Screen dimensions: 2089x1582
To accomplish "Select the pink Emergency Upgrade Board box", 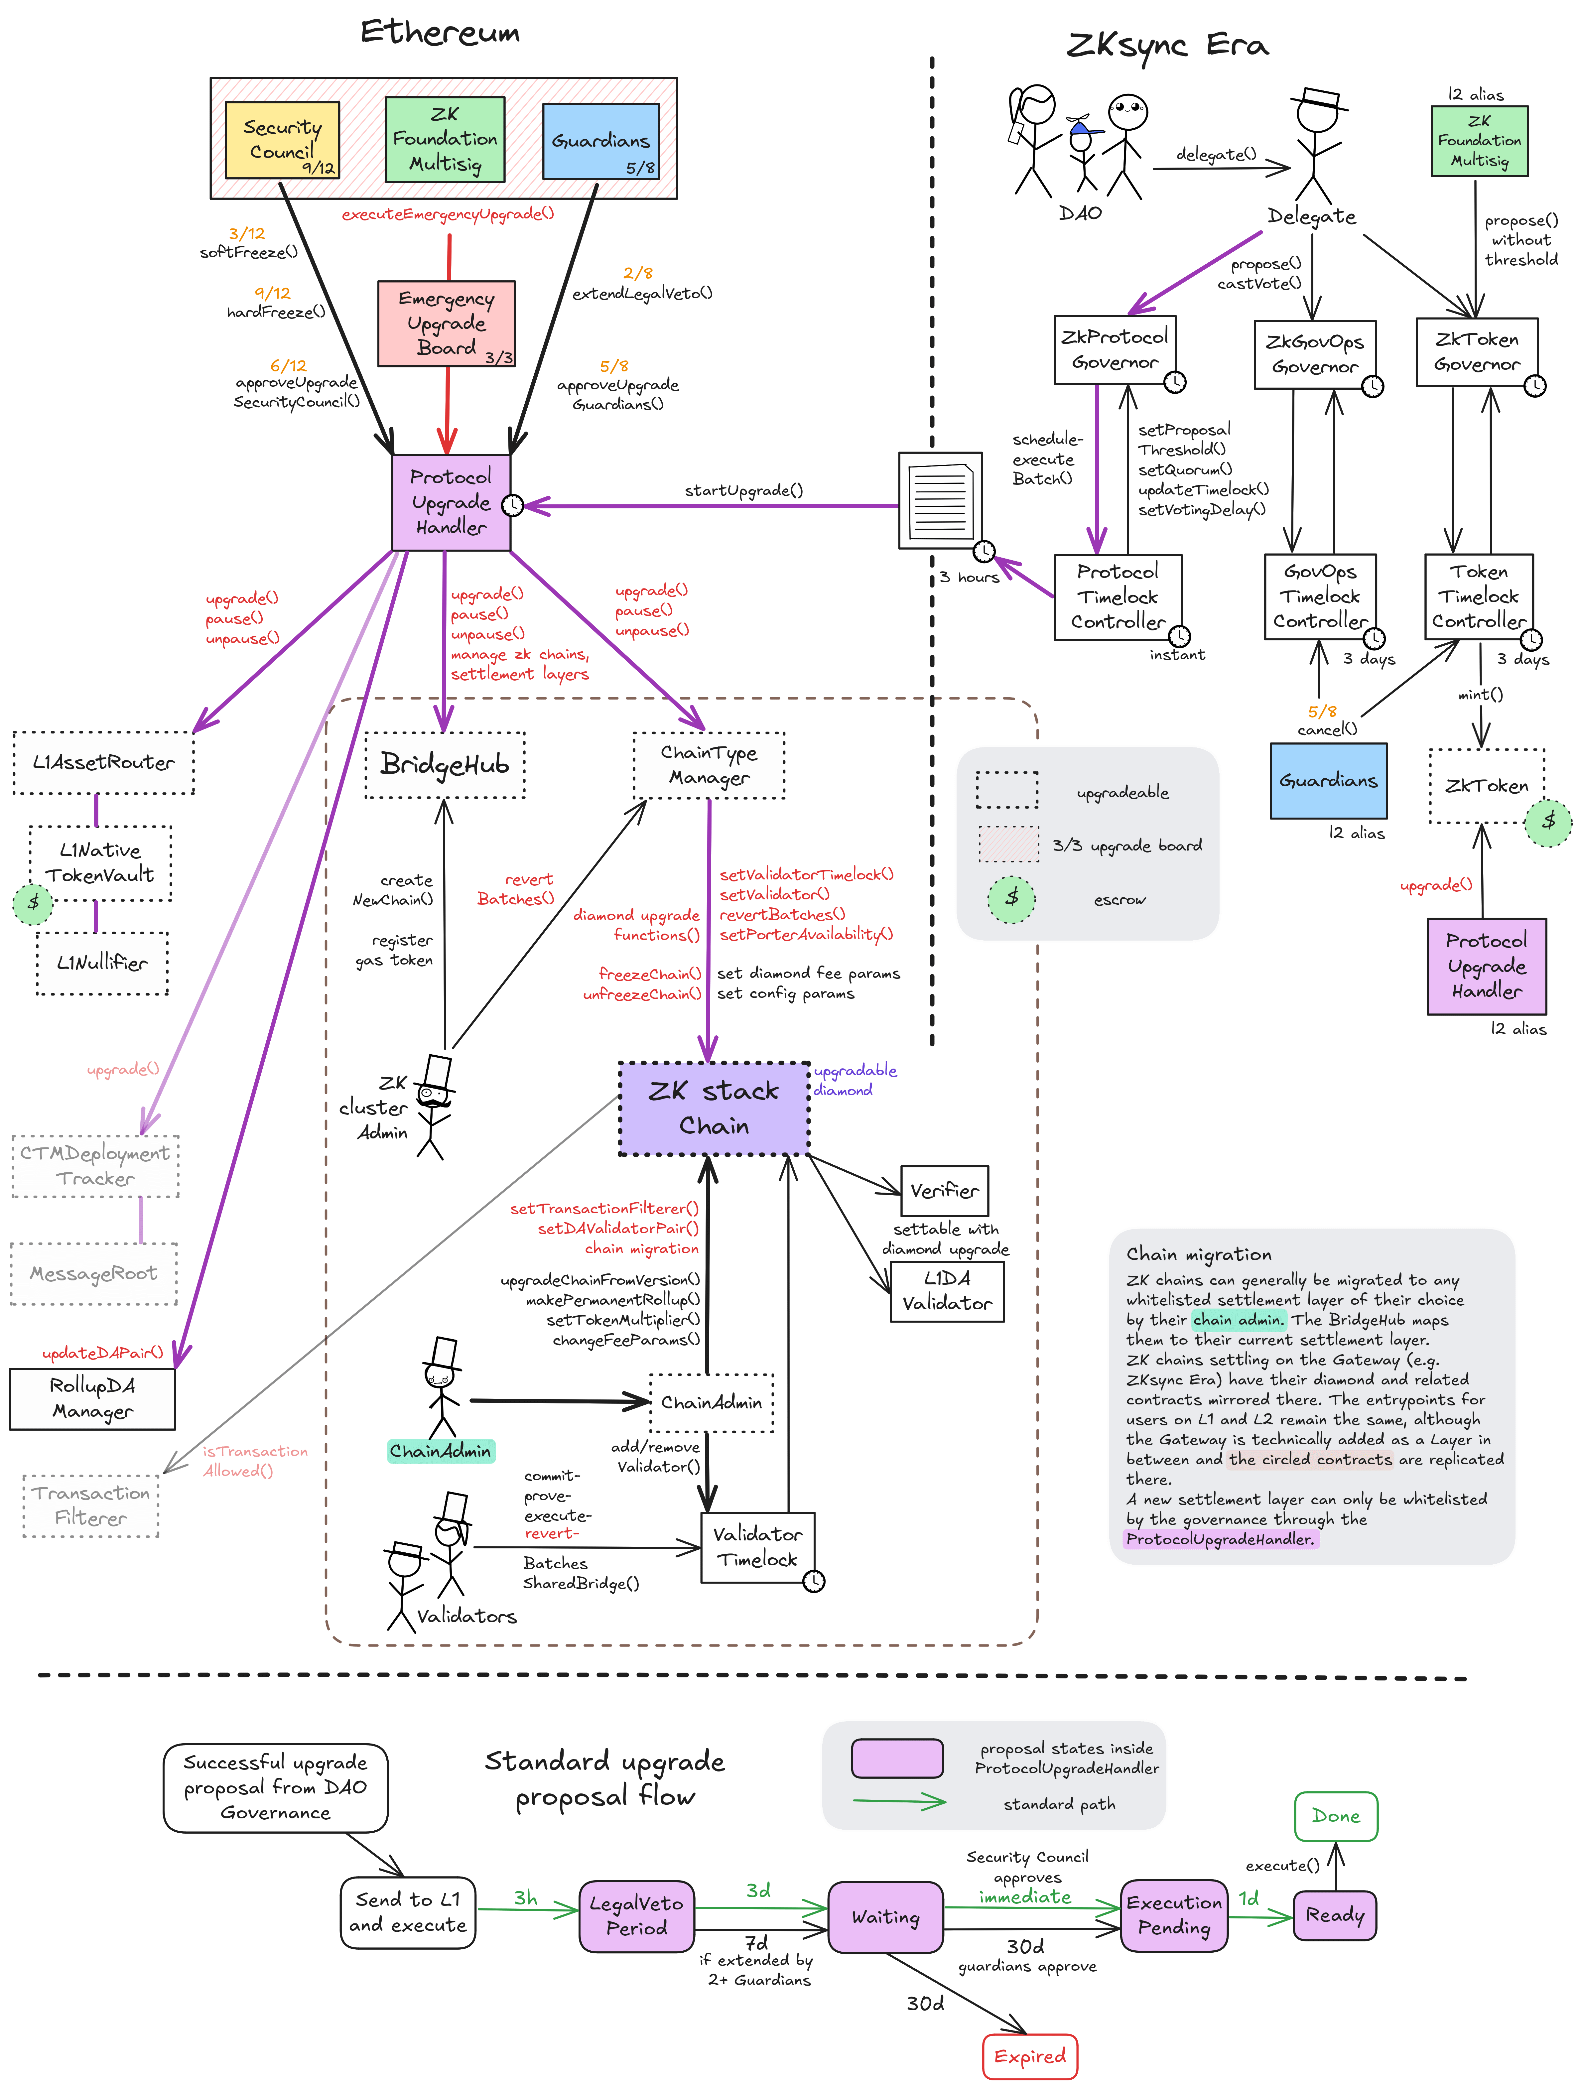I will [446, 323].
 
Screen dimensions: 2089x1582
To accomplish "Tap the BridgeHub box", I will [445, 764].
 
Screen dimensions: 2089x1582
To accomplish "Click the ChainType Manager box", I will [708, 765].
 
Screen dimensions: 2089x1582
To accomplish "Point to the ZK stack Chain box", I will [714, 1108].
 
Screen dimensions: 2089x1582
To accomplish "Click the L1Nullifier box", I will [102, 962].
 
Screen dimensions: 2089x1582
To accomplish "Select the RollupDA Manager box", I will [92, 1398].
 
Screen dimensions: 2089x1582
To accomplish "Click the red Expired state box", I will [1029, 2056].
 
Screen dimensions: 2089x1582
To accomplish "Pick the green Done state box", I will [1336, 1815].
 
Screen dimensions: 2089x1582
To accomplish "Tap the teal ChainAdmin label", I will [441, 1451].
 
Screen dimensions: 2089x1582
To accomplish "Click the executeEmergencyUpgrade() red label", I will [448, 214].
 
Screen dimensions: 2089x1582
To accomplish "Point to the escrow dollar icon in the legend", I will [1011, 898].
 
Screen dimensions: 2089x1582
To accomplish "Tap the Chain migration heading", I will [1199, 1254].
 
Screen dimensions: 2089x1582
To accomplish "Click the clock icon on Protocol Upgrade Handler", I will [512, 505].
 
